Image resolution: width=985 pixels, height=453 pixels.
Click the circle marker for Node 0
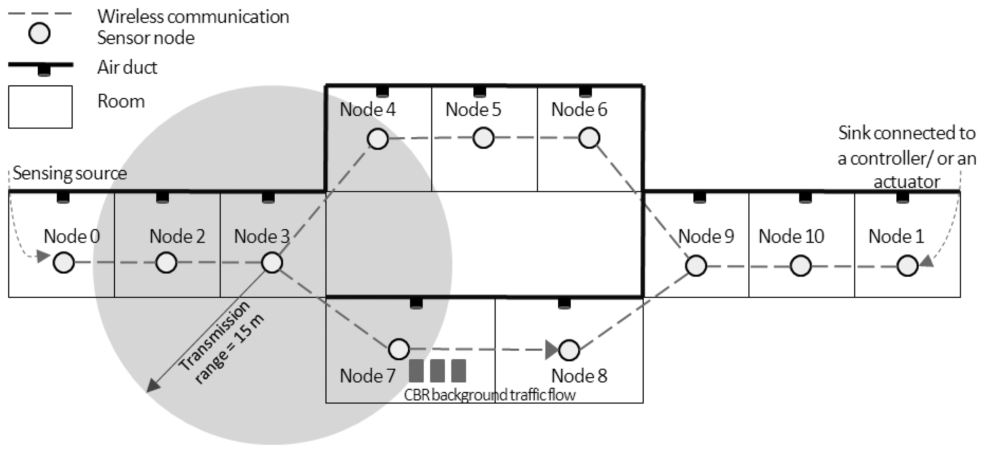[x=63, y=263]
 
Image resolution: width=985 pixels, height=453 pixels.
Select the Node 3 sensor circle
[x=272, y=263]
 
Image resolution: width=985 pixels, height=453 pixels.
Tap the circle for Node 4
[x=378, y=138]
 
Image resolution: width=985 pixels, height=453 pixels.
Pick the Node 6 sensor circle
[x=589, y=138]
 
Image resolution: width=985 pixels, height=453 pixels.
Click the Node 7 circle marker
[x=399, y=349]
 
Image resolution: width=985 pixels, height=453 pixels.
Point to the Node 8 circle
[x=569, y=350]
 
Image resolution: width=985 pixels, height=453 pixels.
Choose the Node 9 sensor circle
[x=696, y=266]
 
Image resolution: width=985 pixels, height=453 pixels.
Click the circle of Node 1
[x=907, y=266]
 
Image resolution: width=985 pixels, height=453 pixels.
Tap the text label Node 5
[x=473, y=110]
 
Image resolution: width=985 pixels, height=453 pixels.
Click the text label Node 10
[x=791, y=236]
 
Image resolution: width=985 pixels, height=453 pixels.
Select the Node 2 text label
[x=177, y=236]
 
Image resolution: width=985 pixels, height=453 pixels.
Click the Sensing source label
[x=70, y=174]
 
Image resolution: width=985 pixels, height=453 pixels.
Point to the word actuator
[x=907, y=182]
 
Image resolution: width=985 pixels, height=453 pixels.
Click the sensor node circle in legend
[x=39, y=33]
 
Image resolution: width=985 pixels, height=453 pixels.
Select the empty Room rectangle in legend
[x=41, y=107]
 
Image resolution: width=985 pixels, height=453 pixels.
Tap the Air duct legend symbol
[x=41, y=67]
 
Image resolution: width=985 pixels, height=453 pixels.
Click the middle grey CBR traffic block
[x=437, y=371]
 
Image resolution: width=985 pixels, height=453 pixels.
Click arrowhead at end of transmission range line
[x=153, y=386]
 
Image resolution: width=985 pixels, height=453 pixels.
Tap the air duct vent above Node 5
[x=479, y=92]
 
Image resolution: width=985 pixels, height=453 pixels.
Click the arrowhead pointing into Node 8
[x=551, y=350]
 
